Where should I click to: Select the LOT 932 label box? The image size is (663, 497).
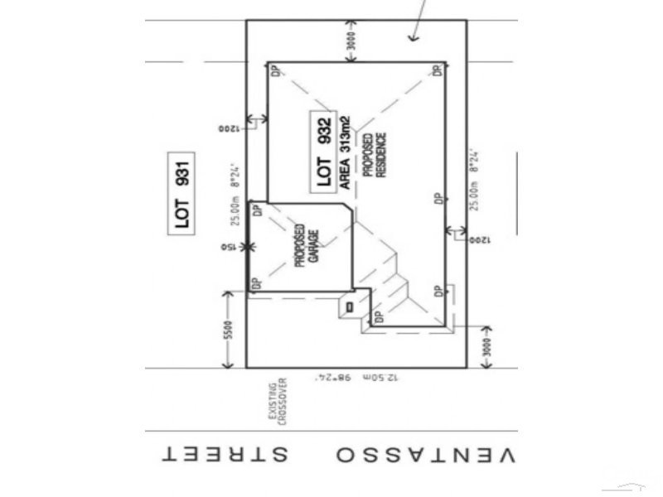(324, 152)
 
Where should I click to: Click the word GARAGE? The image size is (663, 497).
(313, 245)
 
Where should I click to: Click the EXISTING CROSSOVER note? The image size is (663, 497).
(276, 401)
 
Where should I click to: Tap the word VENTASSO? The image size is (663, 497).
(425, 455)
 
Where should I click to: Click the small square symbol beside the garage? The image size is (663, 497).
(349, 306)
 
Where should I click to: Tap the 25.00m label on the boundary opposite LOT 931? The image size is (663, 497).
(473, 178)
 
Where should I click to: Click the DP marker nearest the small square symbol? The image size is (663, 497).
(378, 316)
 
